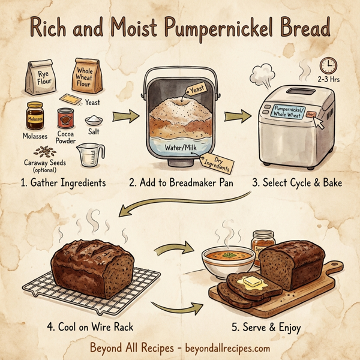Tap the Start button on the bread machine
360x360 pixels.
[310, 113]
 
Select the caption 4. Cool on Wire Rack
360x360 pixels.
[90, 327]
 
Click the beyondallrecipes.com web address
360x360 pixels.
[226, 348]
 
